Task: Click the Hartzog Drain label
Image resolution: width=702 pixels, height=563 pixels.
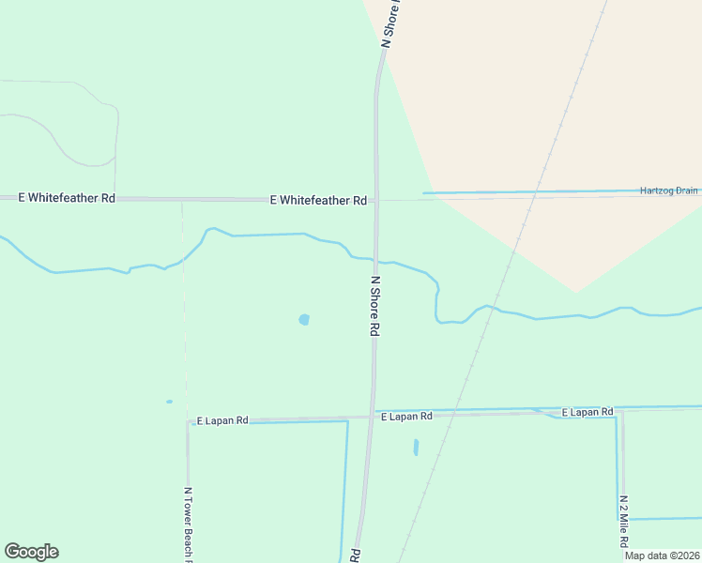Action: [x=669, y=190]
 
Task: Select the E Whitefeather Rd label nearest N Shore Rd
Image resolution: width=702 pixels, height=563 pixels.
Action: [x=317, y=200]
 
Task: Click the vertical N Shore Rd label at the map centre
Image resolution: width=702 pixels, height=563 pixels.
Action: [x=374, y=306]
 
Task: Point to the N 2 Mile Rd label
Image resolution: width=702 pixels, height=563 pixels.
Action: [x=622, y=521]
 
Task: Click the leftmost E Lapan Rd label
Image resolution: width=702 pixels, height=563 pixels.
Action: [x=221, y=421]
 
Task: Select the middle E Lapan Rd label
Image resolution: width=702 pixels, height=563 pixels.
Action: [x=406, y=416]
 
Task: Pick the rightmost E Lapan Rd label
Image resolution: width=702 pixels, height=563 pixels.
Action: [x=587, y=413]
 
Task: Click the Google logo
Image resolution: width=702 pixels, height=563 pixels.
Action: [x=31, y=552]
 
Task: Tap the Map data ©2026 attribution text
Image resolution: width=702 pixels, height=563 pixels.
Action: [x=661, y=555]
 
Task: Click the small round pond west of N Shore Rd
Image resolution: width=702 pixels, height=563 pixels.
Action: [x=303, y=320]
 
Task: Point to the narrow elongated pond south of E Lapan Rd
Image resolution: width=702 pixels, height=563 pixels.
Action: [x=416, y=448]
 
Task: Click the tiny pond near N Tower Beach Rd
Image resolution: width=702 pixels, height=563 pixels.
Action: [x=170, y=402]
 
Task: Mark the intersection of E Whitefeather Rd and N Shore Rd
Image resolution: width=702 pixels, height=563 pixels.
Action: [x=376, y=200]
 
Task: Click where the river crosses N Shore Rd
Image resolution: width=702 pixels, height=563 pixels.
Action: [x=375, y=260]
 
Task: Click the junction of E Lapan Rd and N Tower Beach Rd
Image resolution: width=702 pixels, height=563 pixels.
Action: [x=188, y=421]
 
